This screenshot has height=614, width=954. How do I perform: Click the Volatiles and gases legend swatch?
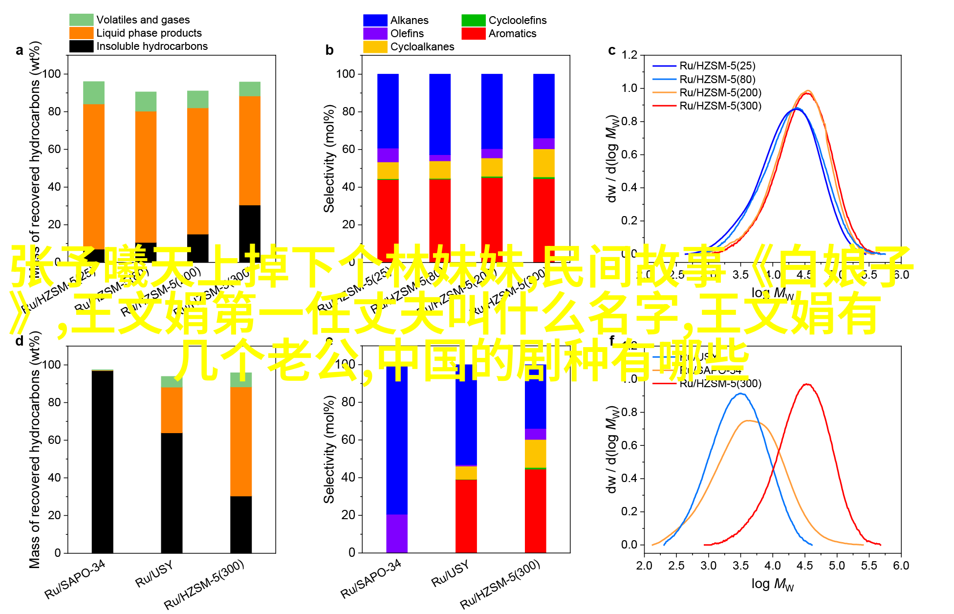(x=81, y=20)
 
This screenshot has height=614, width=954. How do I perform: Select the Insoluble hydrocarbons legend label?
(x=152, y=46)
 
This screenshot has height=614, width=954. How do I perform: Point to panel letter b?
(x=329, y=50)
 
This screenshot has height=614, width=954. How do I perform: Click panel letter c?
(x=611, y=50)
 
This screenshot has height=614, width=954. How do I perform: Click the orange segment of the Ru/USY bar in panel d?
(x=172, y=410)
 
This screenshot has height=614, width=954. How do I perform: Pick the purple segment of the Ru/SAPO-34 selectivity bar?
(x=396, y=533)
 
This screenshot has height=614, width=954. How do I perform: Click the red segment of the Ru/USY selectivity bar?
(x=466, y=516)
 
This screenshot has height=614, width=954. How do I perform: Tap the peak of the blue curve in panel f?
(x=740, y=394)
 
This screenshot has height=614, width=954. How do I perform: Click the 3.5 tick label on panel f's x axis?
(x=740, y=566)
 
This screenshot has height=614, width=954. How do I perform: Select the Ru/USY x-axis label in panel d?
(x=154, y=574)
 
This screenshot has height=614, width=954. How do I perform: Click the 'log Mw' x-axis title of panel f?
(x=772, y=584)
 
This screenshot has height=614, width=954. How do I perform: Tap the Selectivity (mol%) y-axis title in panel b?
(x=329, y=158)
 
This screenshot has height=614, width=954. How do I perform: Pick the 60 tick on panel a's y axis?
(x=55, y=149)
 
